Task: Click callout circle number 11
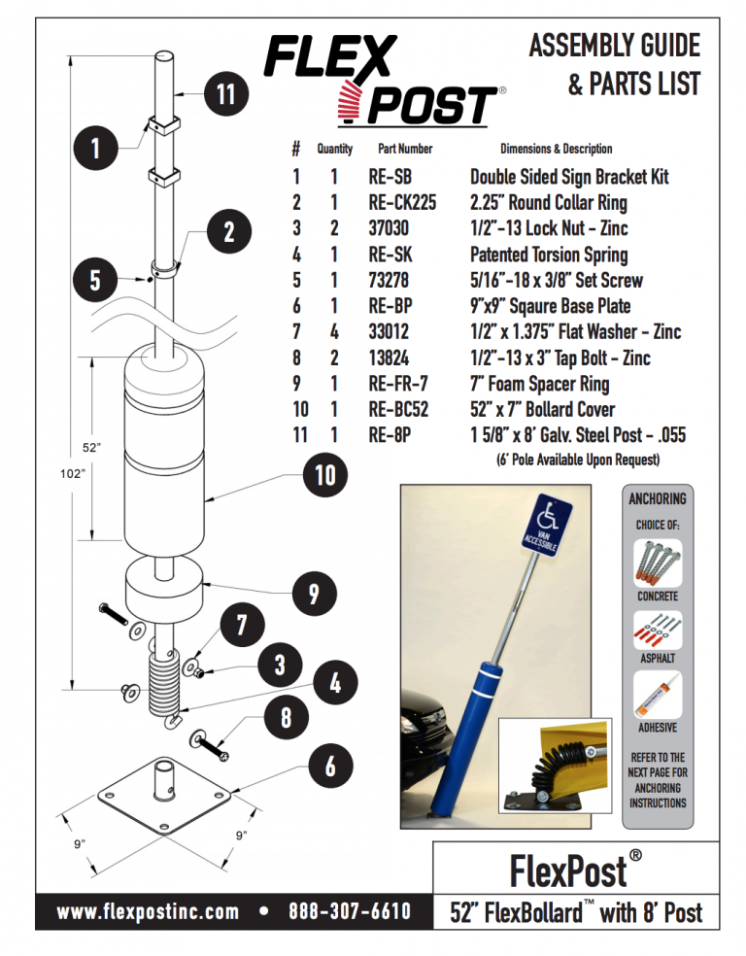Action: tap(226, 94)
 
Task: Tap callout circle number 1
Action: tap(95, 149)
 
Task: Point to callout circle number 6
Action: tap(330, 766)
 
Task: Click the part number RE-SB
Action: tap(390, 177)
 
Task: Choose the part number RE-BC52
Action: tap(398, 409)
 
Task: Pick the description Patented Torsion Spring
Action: tap(549, 255)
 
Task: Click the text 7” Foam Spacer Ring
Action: tap(541, 384)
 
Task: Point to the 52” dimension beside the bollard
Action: tap(90, 448)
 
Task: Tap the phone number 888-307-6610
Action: tap(349, 911)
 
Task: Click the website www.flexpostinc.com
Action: tap(148, 911)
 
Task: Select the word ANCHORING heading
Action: tap(658, 498)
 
